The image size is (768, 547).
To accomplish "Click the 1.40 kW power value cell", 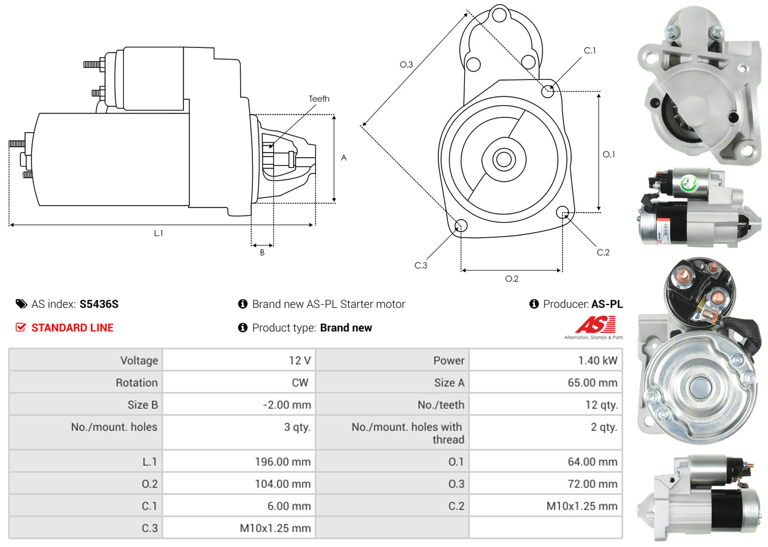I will pos(597,361).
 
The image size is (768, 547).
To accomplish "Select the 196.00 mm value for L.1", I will pos(283,462).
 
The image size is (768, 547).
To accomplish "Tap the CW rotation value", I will pos(300,383).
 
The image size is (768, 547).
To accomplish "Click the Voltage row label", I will pos(139,361).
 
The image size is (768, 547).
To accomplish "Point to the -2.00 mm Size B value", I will pos(287,405).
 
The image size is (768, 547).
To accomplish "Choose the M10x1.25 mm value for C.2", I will pos(582,506).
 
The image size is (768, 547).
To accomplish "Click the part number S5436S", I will pos(99,304).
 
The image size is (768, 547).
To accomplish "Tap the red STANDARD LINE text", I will pos(72,328).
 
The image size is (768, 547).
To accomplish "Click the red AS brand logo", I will pos(596,325).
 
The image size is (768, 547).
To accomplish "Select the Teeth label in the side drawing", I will pos(319,99).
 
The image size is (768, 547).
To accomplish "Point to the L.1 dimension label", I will pos(158,233).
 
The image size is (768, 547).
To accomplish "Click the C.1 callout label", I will pos(590,51).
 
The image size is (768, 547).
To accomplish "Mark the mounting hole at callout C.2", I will pos(562,212).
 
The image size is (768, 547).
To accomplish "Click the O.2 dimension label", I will pos(512,279).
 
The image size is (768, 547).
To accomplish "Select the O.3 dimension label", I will pos(406,64).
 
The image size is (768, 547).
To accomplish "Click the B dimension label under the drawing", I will pos(262,252).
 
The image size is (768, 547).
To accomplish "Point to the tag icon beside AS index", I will pos(22,304).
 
